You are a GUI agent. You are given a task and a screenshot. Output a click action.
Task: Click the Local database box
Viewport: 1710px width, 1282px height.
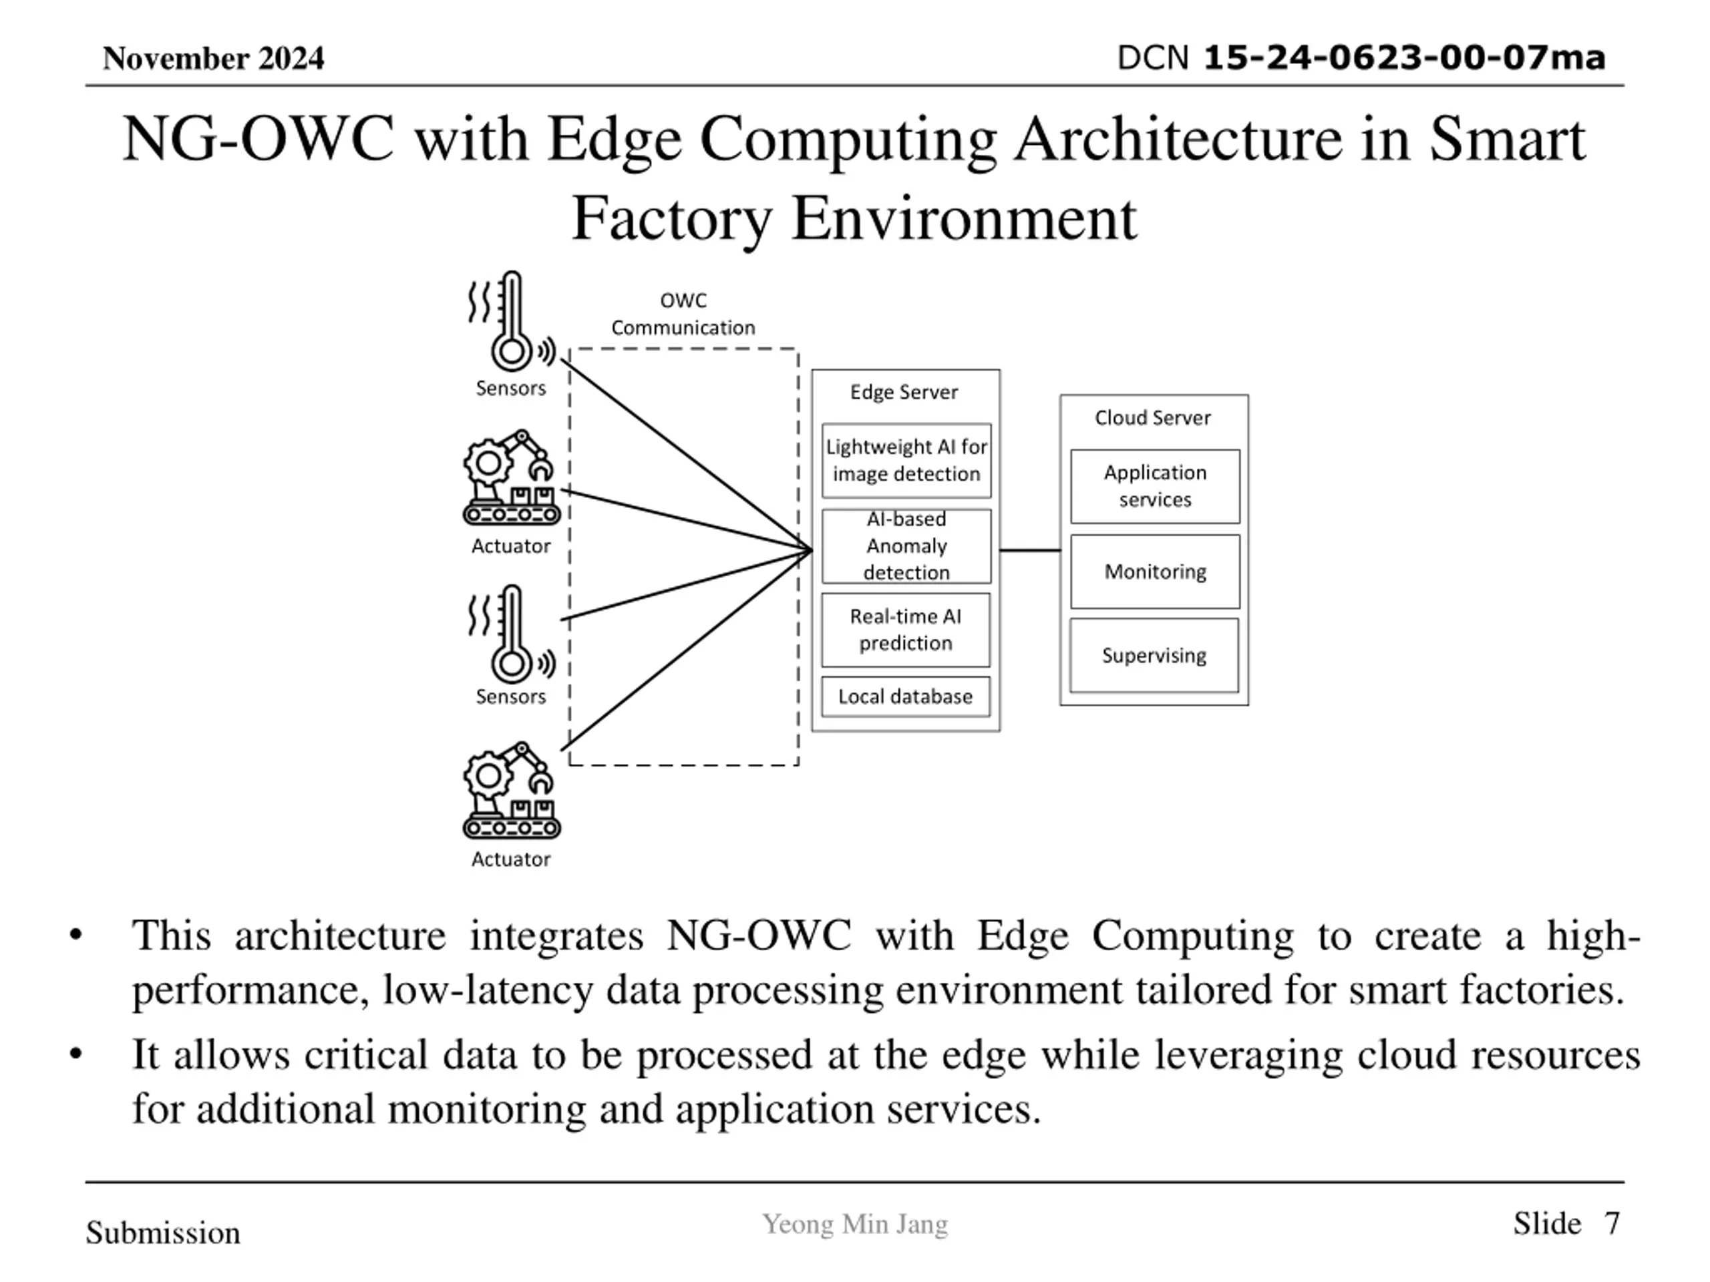[905, 697]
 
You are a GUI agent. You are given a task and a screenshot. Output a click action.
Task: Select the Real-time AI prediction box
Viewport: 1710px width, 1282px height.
[905, 630]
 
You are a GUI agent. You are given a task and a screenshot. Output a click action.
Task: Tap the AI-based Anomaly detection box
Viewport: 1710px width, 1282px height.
[906, 546]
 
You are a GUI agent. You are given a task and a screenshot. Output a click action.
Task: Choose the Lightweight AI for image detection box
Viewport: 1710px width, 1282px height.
[906, 461]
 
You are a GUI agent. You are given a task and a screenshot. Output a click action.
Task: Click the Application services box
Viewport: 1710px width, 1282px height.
[1155, 486]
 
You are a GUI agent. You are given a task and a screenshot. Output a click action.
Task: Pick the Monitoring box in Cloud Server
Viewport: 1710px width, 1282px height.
[1155, 572]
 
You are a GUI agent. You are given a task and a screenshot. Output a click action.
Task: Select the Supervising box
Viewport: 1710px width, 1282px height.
[1154, 655]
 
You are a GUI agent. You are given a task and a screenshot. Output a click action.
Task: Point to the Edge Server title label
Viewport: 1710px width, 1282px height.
[904, 392]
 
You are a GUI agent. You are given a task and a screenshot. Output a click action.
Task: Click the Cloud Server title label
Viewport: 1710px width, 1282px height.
[1153, 417]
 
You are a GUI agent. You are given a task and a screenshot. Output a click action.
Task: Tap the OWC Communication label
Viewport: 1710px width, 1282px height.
[683, 314]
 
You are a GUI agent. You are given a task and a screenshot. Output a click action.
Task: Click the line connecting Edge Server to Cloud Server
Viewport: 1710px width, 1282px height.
[1030, 550]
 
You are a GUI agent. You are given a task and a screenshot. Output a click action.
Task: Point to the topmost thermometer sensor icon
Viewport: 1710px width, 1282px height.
[512, 320]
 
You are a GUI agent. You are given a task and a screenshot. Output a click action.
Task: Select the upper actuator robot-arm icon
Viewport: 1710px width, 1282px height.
[512, 477]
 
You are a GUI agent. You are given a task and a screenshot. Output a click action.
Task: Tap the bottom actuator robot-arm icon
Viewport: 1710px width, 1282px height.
[512, 791]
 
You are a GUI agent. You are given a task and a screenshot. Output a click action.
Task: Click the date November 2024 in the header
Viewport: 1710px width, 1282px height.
[213, 59]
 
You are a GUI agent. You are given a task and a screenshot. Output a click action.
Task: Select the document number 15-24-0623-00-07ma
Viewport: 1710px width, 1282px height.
[1405, 58]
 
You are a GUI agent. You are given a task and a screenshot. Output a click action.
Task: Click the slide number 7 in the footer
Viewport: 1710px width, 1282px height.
[1611, 1223]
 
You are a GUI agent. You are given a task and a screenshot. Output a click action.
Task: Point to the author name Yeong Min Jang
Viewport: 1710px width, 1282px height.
[855, 1225]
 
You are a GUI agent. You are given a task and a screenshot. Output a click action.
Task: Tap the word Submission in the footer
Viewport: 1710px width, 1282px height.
[163, 1233]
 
